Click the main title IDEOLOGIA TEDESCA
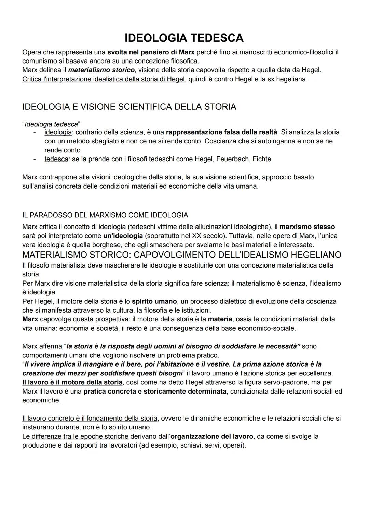pos(184,38)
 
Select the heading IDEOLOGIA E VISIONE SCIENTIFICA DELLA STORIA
pos(129,107)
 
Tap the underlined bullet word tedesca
pos(56,159)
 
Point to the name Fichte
pos(262,159)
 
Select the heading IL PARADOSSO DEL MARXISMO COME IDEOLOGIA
pos(105,215)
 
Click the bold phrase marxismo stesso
pos(307,227)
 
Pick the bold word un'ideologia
pos(123,236)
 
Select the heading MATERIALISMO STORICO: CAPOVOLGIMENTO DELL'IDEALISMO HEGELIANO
pos(181,255)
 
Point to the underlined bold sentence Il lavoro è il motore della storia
pos(72,382)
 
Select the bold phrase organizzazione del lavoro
pos(211,436)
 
